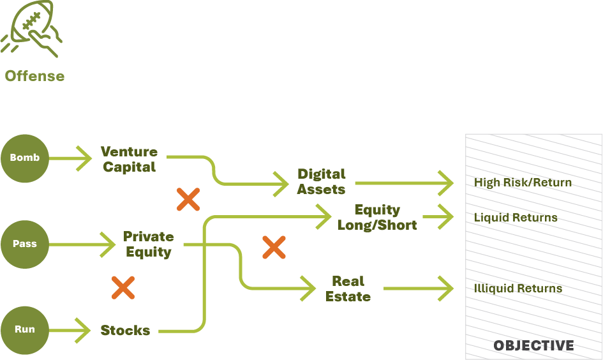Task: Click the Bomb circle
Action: click(25, 158)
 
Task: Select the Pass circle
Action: click(25, 244)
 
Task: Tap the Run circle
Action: click(25, 330)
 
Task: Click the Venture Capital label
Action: click(129, 160)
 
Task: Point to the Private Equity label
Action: click(148, 244)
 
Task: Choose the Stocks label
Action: click(125, 331)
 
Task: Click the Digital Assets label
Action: click(322, 182)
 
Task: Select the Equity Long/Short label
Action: click(377, 218)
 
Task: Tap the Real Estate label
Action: click(348, 289)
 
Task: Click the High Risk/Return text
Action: click(523, 183)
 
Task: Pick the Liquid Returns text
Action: click(516, 218)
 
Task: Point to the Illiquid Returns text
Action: click(517, 289)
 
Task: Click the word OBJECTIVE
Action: click(533, 346)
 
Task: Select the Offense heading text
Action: click(34, 76)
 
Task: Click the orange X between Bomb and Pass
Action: click(188, 199)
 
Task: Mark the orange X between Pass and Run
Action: click(123, 288)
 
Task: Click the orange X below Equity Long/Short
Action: click(274, 247)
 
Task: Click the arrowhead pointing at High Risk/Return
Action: click(446, 183)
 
